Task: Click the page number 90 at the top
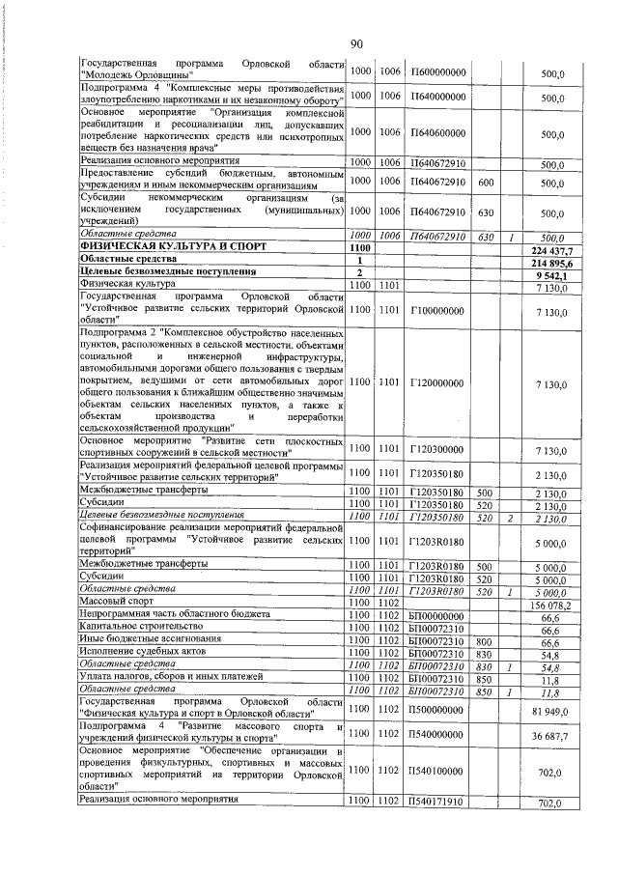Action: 356,43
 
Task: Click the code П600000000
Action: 437,72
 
